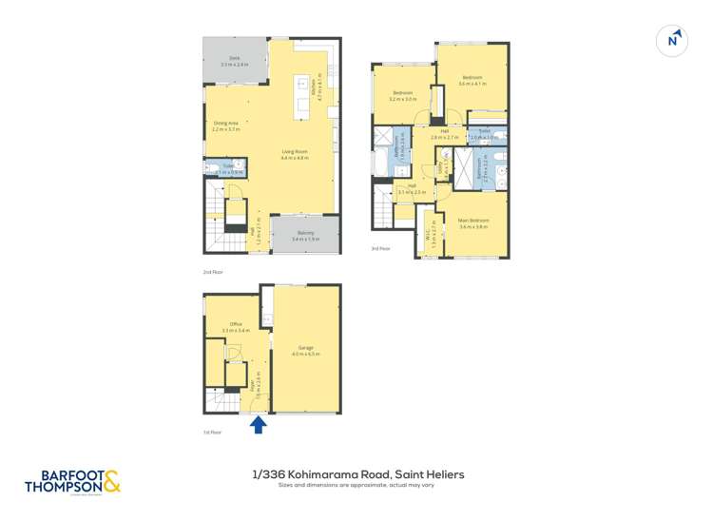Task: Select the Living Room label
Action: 295,154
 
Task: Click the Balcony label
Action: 305,236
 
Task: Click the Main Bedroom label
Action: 473,222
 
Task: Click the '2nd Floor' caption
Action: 212,272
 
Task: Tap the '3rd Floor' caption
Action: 380,249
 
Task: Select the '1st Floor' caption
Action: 212,432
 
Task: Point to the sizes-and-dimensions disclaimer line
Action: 356,486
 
